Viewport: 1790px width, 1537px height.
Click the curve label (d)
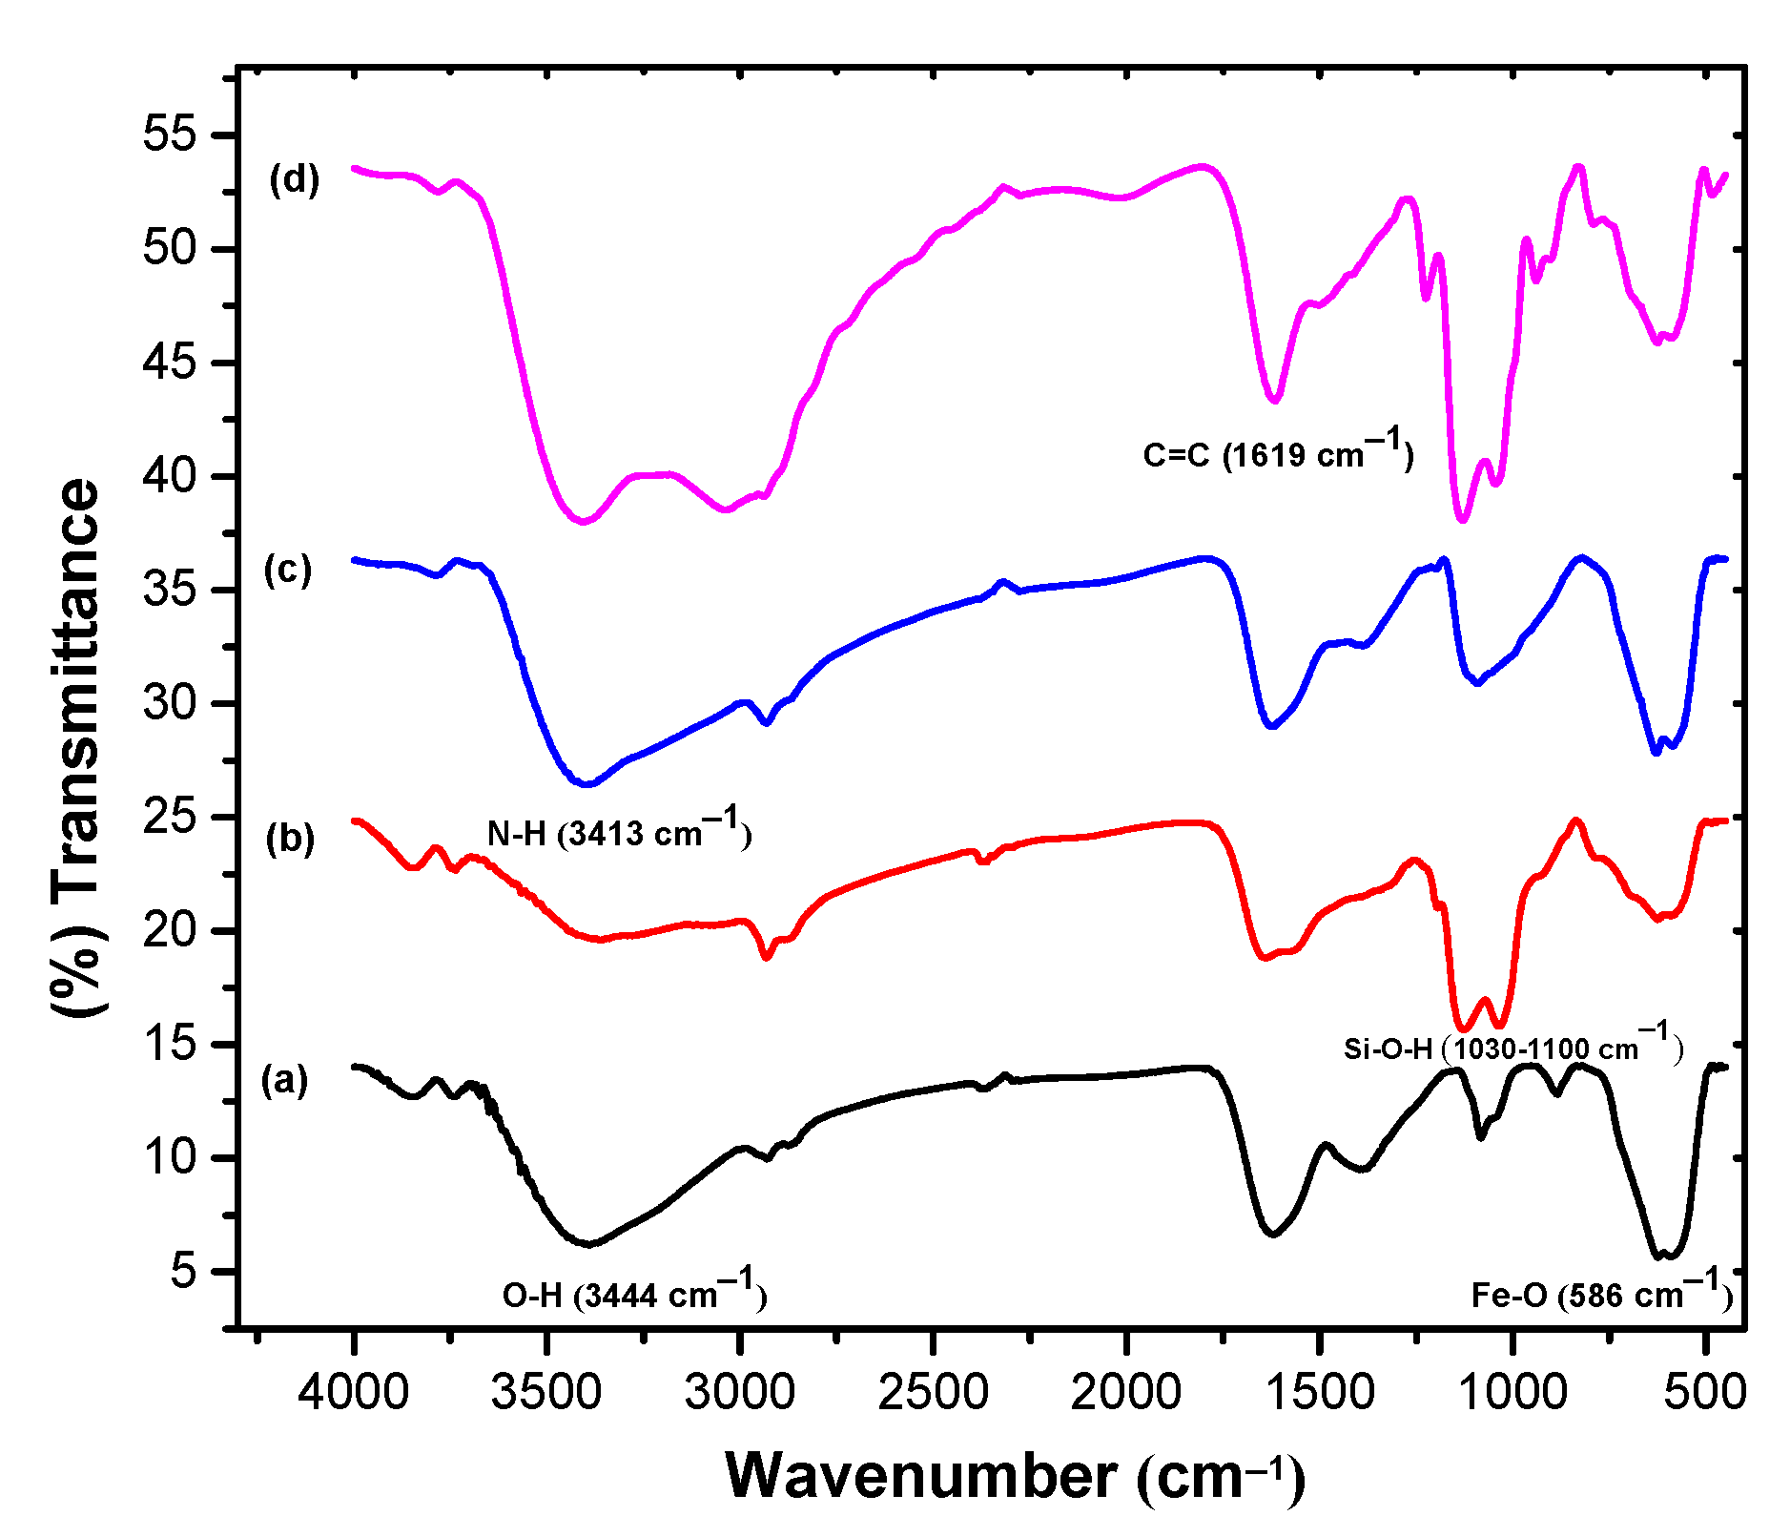pyautogui.click(x=294, y=179)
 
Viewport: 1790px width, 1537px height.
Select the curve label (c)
pyautogui.click(x=288, y=570)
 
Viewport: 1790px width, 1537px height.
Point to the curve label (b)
pyautogui.click(x=290, y=839)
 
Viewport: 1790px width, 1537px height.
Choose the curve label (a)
pyautogui.click(x=285, y=1081)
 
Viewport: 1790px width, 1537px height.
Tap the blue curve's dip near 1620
pyautogui.click(x=1271, y=727)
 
